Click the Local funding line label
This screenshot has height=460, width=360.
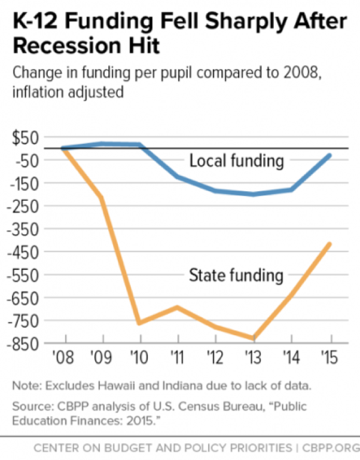236,161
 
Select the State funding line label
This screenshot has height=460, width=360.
236,275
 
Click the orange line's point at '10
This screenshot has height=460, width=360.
139,323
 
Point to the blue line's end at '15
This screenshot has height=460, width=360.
330,155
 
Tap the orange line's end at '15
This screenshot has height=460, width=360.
330,244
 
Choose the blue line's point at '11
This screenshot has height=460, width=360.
178,176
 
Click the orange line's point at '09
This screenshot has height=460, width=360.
102,197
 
